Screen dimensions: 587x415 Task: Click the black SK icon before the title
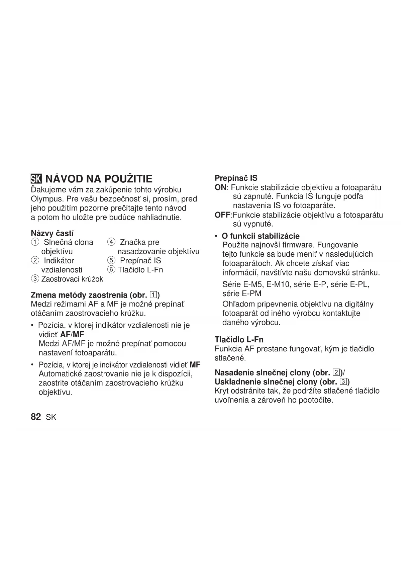tap(36, 179)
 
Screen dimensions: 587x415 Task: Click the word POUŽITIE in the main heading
tap(128, 179)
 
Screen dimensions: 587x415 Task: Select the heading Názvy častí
tap(52, 233)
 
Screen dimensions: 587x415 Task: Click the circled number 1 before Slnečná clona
tap(34, 242)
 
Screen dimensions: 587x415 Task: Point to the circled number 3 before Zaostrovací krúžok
tap(34, 279)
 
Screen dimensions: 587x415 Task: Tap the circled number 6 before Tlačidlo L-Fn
tap(111, 270)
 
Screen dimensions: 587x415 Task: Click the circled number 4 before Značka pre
tap(111, 242)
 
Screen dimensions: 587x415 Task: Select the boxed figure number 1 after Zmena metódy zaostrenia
tap(153, 295)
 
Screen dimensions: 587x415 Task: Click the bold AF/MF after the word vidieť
tap(74, 334)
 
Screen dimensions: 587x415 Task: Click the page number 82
tap(36, 417)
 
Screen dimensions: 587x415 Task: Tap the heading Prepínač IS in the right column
tap(236, 178)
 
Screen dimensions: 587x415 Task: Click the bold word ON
tap(220, 187)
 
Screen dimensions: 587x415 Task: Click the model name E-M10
tap(277, 284)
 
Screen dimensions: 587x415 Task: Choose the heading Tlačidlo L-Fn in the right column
tap(239, 340)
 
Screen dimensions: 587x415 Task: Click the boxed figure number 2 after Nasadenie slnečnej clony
tap(336, 372)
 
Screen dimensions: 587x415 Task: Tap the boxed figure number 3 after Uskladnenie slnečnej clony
tap(343, 382)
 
